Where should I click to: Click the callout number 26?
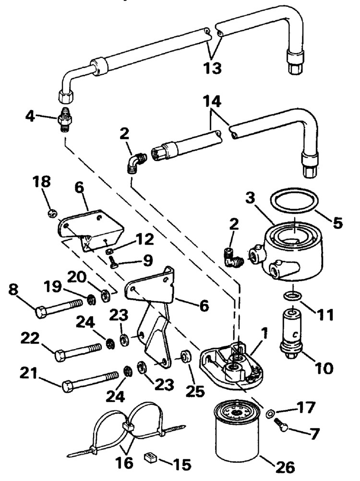click(285, 467)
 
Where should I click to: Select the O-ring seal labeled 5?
click(294, 200)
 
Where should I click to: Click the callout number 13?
click(213, 68)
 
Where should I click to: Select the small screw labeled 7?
click(281, 425)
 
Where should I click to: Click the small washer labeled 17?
click(269, 413)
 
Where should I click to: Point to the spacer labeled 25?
click(186, 357)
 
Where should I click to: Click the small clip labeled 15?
click(150, 458)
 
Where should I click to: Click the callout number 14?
click(212, 102)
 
